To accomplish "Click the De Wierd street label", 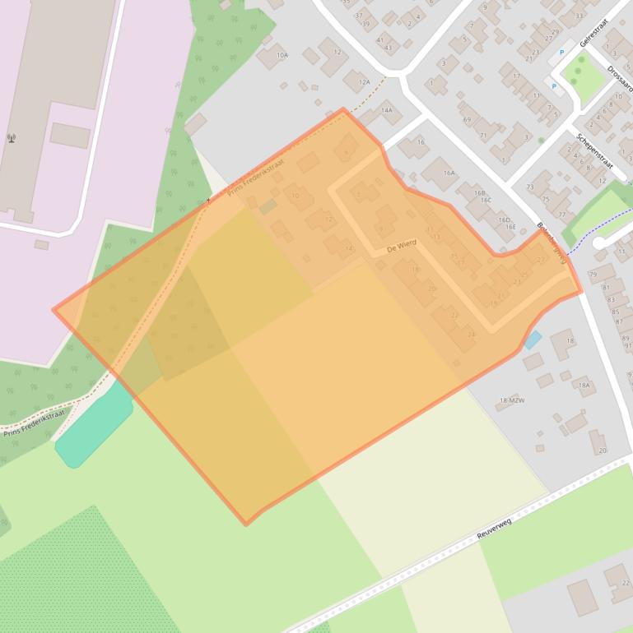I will pyautogui.click(x=401, y=245).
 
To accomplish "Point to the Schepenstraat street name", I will pyautogui.click(x=595, y=152).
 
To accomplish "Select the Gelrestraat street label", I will pyautogui.click(x=593, y=33).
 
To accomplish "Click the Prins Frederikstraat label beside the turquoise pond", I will pyautogui.click(x=35, y=423).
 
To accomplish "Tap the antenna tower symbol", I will pyautogui.click(x=12, y=139).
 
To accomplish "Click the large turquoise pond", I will pyautogui.click(x=93, y=427).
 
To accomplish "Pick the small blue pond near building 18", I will pyautogui.click(x=533, y=339).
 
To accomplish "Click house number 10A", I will pyautogui.click(x=282, y=55).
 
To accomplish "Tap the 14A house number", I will pyautogui.click(x=386, y=109).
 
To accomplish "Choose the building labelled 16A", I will pyautogui.click(x=449, y=173).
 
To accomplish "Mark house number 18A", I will pyautogui.click(x=584, y=385).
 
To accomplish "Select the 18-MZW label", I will pyautogui.click(x=511, y=400).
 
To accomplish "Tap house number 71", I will pyautogui.click(x=483, y=136).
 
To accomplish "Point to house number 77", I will pyautogui.click(x=561, y=215).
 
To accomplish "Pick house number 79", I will pyautogui.click(x=593, y=274).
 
